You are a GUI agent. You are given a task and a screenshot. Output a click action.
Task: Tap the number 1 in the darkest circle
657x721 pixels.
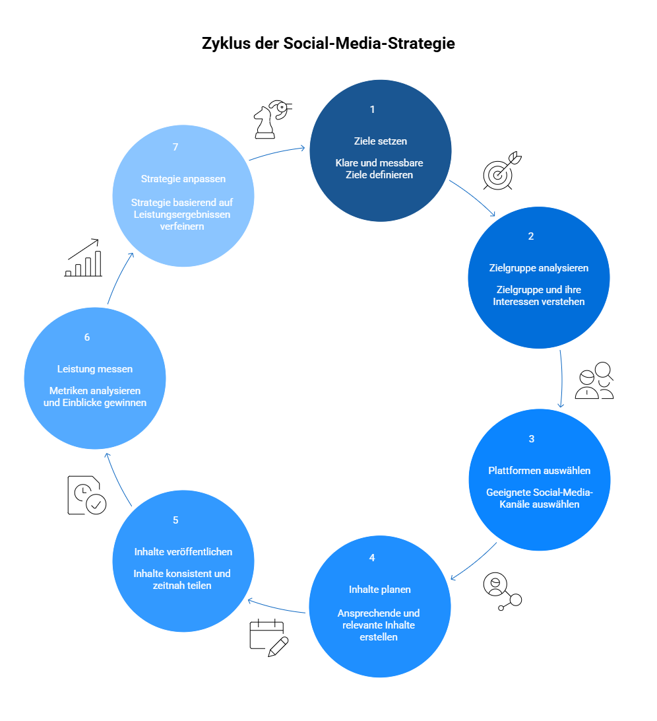pyautogui.click(x=372, y=110)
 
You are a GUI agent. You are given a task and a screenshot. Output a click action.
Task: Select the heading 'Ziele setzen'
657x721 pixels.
pyautogui.click(x=381, y=141)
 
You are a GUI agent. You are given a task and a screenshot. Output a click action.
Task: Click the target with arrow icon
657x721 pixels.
pyautogui.click(x=502, y=170)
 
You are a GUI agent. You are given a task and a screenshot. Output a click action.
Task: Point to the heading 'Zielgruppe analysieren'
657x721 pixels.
pyautogui.click(x=538, y=268)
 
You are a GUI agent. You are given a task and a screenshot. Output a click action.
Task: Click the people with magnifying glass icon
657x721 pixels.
pyautogui.click(x=594, y=380)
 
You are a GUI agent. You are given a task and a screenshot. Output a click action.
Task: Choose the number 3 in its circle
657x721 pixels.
pyautogui.click(x=532, y=438)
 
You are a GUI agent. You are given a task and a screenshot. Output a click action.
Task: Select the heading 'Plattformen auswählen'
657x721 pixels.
pyautogui.click(x=540, y=470)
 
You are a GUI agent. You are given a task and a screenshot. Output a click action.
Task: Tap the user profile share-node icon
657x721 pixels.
pyautogui.click(x=502, y=592)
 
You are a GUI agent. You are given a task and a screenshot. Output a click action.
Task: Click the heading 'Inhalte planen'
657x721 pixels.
pyautogui.click(x=379, y=590)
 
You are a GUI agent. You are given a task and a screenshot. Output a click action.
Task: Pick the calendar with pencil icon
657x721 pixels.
pyautogui.click(x=268, y=638)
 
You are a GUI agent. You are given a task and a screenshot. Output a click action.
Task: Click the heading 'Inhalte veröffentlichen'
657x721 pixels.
pyautogui.click(x=183, y=552)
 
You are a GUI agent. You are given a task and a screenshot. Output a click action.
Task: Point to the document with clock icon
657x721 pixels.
pyautogui.click(x=87, y=495)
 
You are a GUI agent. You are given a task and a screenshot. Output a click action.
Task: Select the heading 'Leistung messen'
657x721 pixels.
pyautogui.click(x=94, y=369)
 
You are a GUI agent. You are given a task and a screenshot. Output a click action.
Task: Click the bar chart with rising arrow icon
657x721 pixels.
pyautogui.click(x=83, y=257)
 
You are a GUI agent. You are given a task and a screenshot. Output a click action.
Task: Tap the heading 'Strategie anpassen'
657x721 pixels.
pyautogui.click(x=183, y=179)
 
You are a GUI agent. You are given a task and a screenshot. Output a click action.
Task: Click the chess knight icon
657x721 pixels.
pyautogui.click(x=273, y=119)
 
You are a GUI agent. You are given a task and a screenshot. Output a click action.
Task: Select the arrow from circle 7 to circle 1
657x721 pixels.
pyautogui.click(x=277, y=153)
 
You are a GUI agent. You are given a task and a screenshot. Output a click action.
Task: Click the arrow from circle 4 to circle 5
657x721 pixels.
pyautogui.click(x=276, y=606)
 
